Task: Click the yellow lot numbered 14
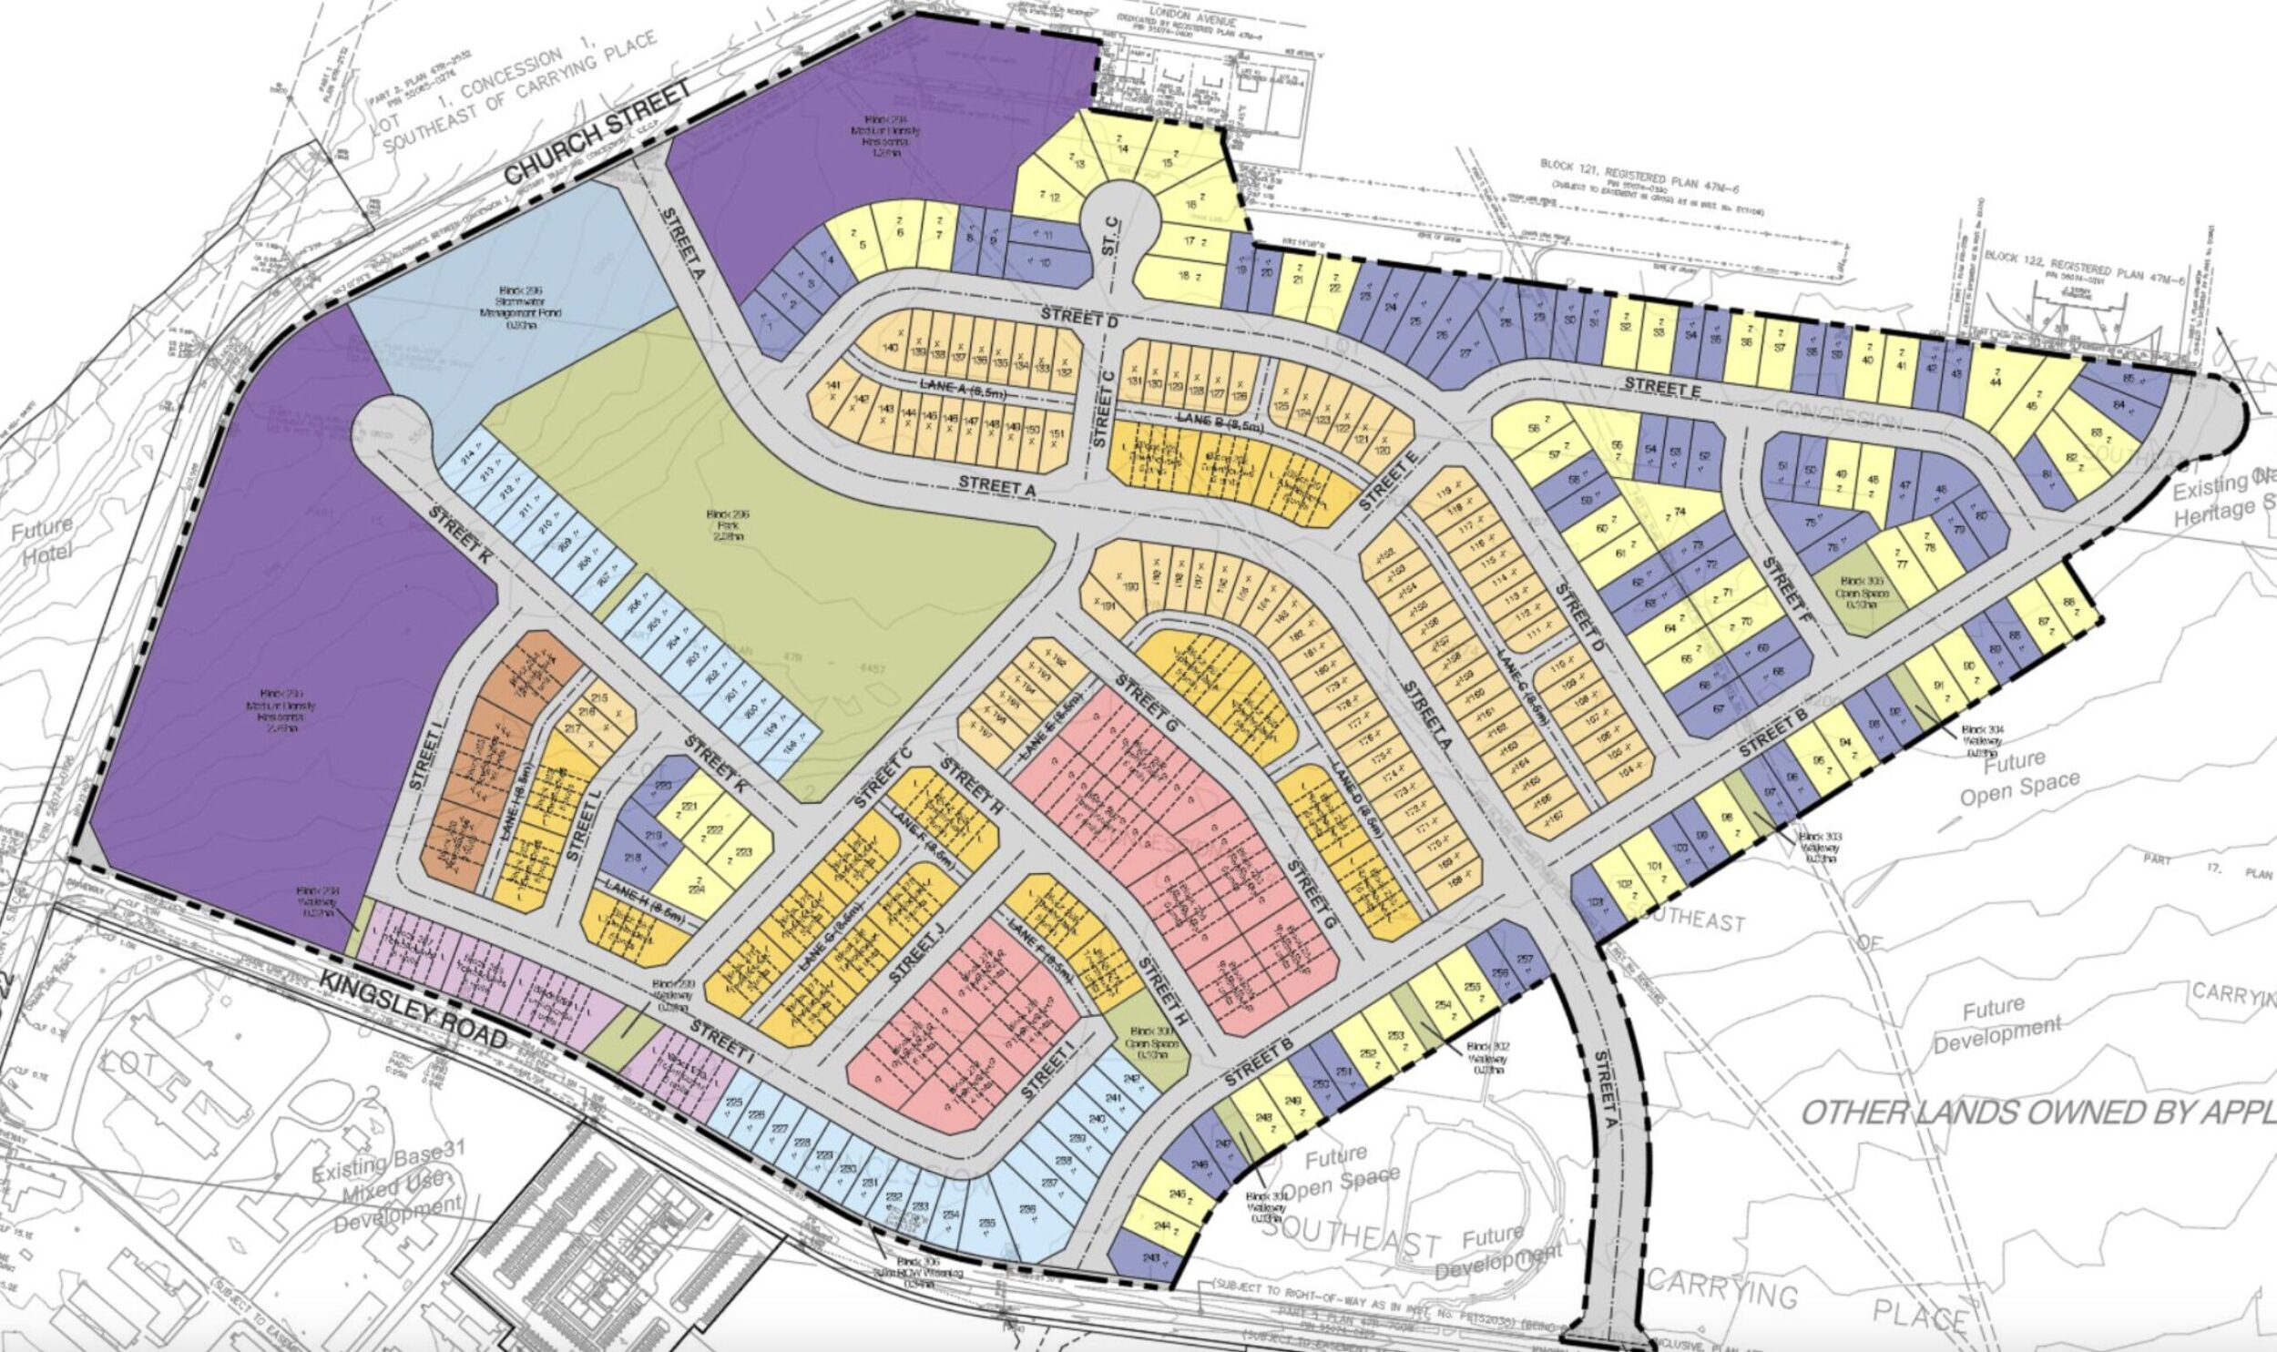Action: [x=1121, y=148]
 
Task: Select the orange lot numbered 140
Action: [x=891, y=348]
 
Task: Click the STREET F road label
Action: [x=1783, y=584]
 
